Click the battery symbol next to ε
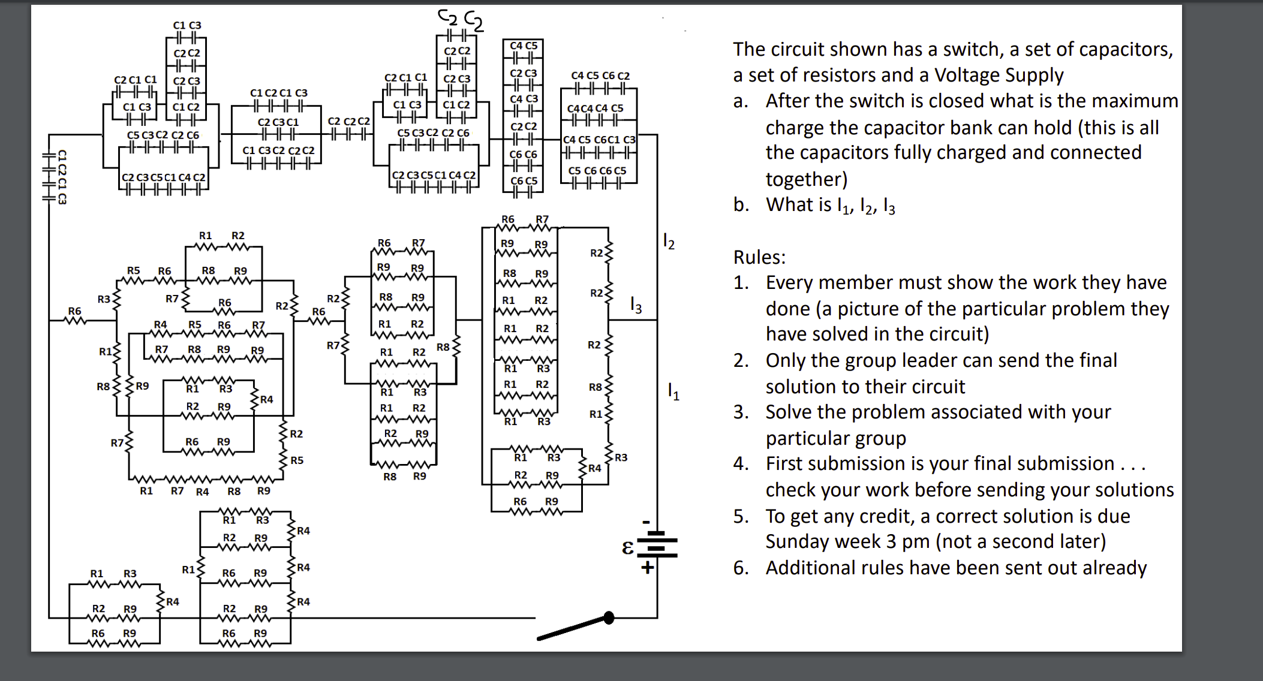pos(657,544)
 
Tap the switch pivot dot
pos(609,617)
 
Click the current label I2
pos(669,242)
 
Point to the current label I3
pos(636,306)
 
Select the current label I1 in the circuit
pos(673,392)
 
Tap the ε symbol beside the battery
pos(627,547)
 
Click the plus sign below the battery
pos(647,567)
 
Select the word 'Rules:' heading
pos(759,257)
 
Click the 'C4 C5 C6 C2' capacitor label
pos(600,76)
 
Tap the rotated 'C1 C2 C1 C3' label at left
pos(62,177)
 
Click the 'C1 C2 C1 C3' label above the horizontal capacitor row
pos(278,93)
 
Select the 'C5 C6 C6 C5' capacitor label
pos(597,171)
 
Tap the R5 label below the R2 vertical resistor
pos(297,460)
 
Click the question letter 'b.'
pos(741,205)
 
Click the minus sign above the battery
pos(646,522)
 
